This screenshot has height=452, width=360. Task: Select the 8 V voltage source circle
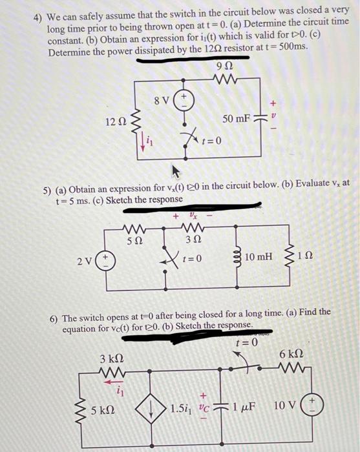[184, 100]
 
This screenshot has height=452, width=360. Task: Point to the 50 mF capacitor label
[236, 119]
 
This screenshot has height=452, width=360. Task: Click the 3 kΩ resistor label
[110, 357]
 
